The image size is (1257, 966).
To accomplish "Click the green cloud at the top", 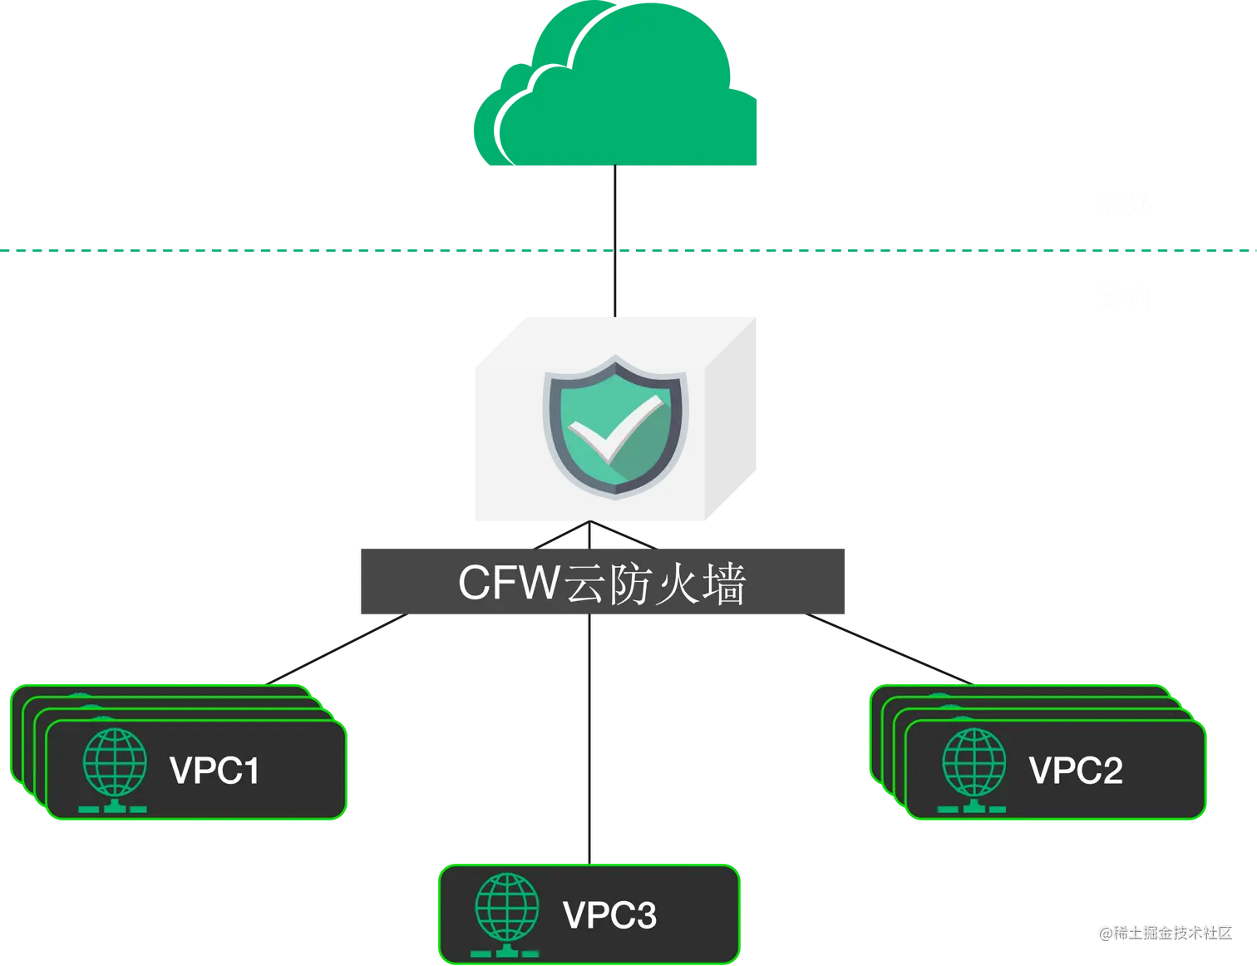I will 616,91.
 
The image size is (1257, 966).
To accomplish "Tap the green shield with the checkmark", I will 615,426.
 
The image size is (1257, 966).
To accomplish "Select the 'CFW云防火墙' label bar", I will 604,582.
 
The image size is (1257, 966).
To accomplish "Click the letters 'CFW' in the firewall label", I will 508,582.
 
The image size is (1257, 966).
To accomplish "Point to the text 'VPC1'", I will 214,771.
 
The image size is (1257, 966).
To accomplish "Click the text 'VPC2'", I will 1076,771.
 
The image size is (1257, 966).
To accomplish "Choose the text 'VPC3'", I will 609,915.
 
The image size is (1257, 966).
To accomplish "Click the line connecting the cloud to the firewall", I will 615,241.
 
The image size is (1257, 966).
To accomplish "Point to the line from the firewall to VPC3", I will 591,740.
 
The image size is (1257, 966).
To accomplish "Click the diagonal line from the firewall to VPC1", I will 337,649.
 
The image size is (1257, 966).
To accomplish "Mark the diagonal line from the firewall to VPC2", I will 890,649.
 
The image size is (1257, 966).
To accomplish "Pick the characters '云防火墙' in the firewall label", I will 654,584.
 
